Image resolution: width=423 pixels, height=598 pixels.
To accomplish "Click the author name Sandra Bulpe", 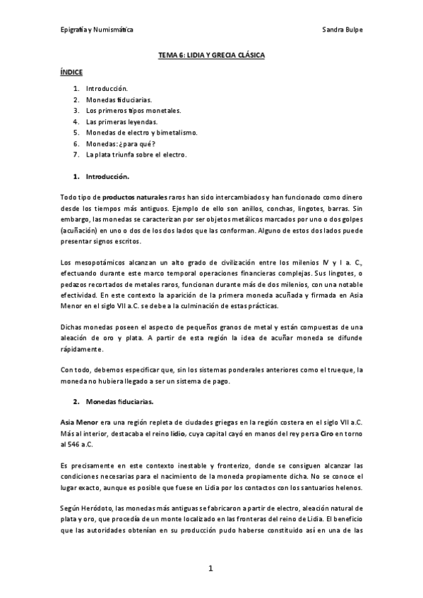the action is click(x=342, y=30).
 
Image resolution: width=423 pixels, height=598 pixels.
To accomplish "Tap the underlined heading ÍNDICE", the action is click(x=71, y=72).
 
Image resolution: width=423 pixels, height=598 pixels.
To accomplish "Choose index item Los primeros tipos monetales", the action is click(x=133, y=111).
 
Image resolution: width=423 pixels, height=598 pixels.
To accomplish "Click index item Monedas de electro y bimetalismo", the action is click(x=141, y=132).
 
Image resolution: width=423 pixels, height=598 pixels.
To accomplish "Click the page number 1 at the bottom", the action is click(x=210, y=568).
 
